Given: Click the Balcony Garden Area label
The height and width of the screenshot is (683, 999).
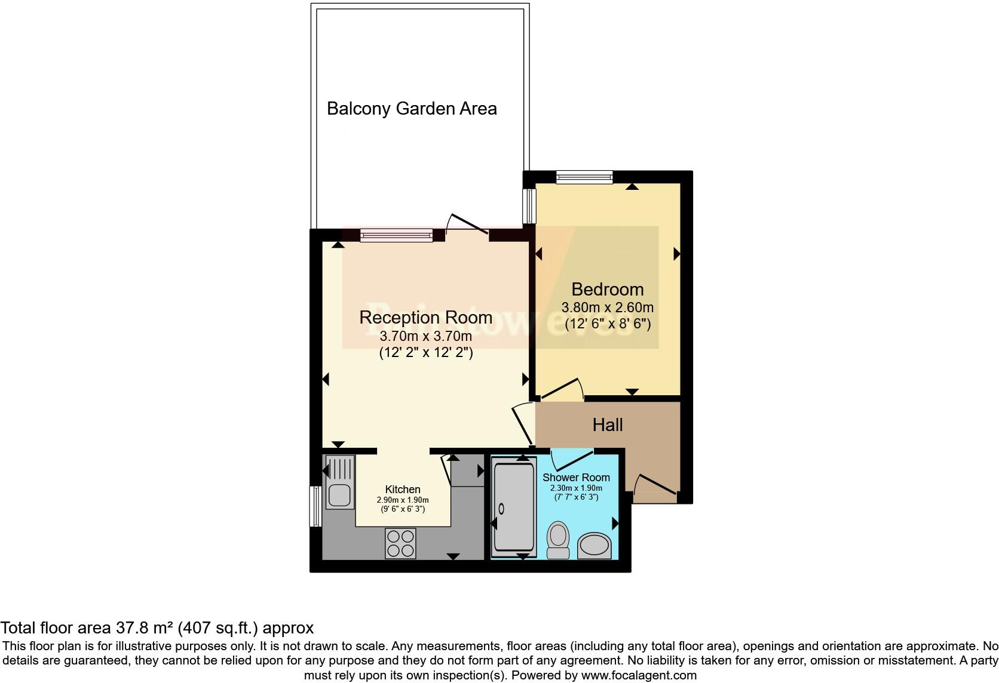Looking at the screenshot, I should [x=412, y=109].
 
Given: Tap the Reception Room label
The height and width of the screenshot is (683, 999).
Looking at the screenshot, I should [x=425, y=318].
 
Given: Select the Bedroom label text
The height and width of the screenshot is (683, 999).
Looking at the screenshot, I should [x=607, y=290].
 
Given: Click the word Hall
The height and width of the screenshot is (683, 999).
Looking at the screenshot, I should [x=607, y=425].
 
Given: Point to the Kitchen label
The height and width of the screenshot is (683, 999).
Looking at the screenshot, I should [x=402, y=490].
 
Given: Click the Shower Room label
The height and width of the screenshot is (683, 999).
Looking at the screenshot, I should [x=576, y=478].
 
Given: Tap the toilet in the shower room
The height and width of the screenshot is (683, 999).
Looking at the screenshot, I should [x=559, y=539].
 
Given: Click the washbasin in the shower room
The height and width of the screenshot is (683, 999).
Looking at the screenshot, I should [x=595, y=546].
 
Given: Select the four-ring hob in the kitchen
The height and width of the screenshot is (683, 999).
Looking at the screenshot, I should [x=400, y=543].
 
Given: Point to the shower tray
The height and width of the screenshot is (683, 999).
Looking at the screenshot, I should [x=514, y=506].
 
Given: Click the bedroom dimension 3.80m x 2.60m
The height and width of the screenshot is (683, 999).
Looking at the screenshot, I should [x=607, y=308].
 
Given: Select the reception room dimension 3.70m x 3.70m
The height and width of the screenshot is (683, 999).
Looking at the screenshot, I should [x=425, y=336].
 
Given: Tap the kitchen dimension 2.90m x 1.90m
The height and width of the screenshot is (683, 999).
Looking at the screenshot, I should [x=402, y=500].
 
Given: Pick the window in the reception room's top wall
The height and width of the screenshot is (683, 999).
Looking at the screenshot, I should [x=396, y=235].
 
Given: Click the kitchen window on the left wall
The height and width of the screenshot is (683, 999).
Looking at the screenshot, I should [x=315, y=506].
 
